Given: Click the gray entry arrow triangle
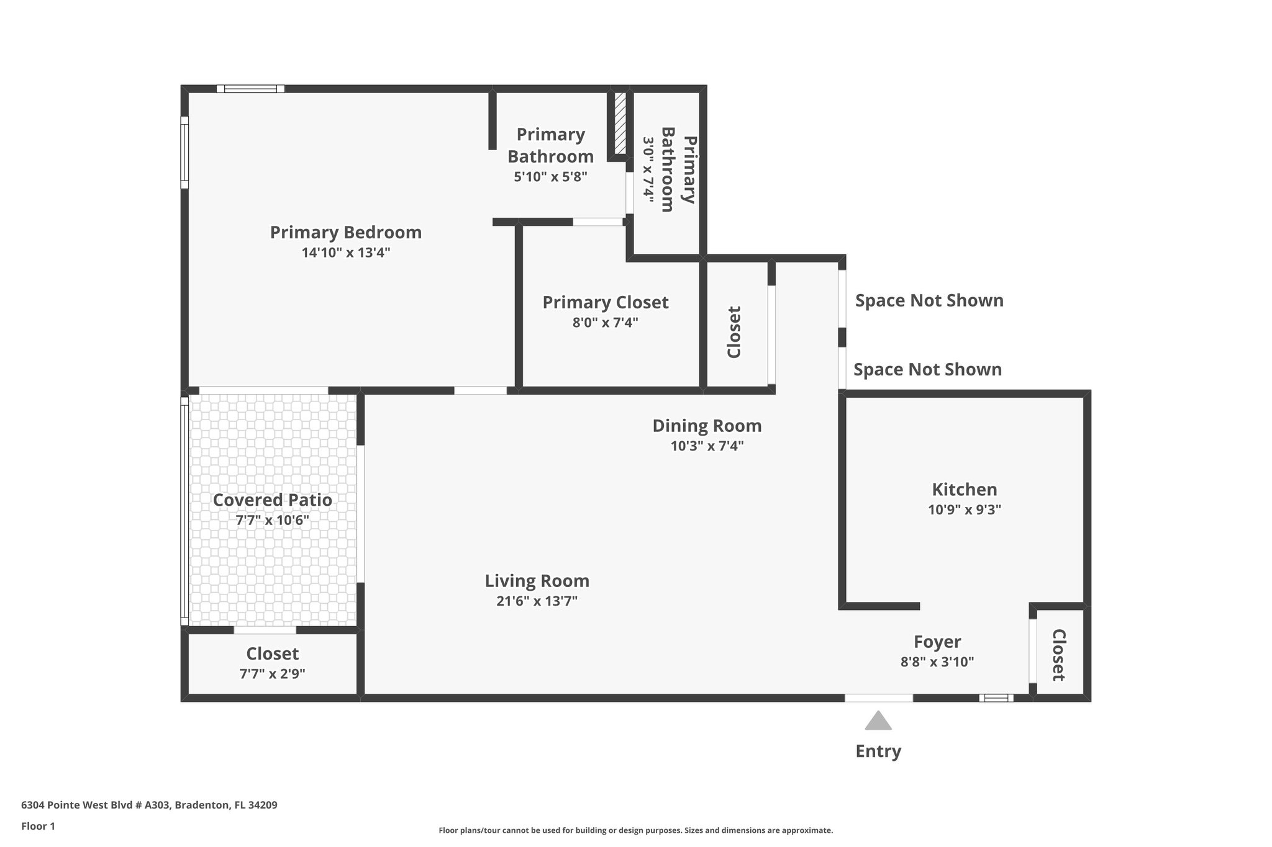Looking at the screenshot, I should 878,721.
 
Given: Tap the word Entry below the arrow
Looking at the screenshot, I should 878,751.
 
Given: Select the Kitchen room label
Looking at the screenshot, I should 964,490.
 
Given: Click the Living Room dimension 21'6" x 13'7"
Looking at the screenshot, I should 537,601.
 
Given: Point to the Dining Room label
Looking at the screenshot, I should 707,426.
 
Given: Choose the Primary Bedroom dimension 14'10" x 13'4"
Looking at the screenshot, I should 345,253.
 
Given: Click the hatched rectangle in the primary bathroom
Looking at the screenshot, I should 620,123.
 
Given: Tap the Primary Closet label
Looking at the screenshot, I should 605,302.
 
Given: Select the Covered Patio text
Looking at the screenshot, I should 272,500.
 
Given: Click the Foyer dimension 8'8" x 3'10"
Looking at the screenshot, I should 937,662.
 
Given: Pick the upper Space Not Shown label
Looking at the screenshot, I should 929,300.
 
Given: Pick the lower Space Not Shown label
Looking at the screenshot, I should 927,370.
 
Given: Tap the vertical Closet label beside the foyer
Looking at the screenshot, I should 1058,655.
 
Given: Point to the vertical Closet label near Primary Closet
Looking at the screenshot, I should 734,332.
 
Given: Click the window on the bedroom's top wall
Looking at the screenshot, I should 250,89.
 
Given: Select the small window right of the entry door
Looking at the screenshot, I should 996,698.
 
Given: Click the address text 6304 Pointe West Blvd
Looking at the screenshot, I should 149,805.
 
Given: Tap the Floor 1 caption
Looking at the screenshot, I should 38,827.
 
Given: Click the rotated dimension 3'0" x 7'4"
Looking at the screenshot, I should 648,170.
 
